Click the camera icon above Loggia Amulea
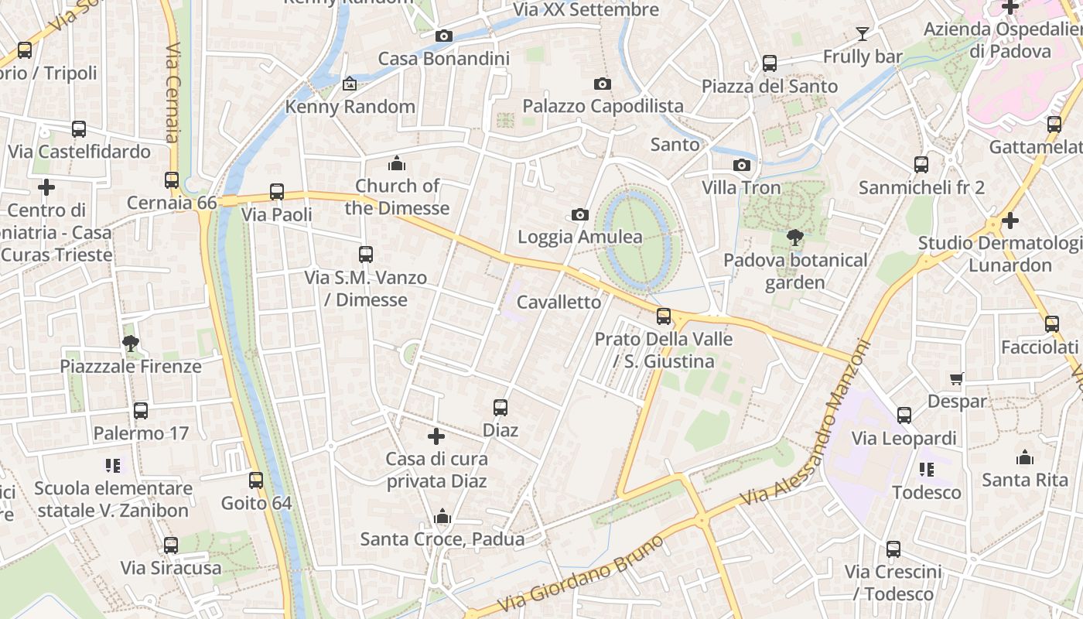click(580, 214)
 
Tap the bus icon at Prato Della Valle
click(664, 316)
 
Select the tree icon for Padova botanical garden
click(794, 238)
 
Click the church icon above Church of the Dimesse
click(397, 163)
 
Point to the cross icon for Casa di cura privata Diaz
click(436, 436)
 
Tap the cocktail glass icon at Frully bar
click(863, 33)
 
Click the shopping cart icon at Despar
click(957, 378)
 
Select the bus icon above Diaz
click(501, 407)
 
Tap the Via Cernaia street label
click(173, 93)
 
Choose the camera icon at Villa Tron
click(742, 165)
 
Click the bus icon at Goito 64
click(256, 480)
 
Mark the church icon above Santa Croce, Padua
click(442, 516)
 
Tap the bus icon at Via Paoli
click(277, 192)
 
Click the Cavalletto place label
click(559, 303)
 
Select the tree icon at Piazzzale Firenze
click(131, 343)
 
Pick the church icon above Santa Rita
click(1025, 457)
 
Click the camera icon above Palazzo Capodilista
click(603, 84)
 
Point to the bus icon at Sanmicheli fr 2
click(921, 164)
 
